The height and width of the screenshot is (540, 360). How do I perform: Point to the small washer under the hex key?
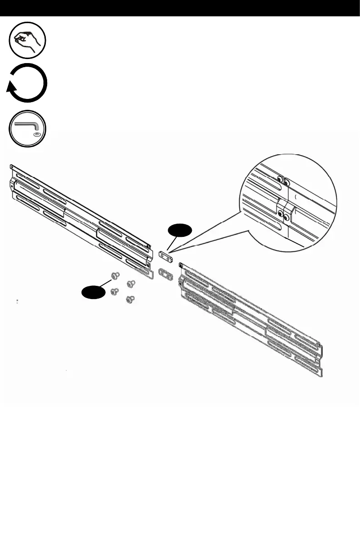[x=36, y=135]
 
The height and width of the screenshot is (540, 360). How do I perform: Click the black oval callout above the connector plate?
[x=178, y=231]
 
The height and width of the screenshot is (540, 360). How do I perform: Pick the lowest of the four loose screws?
[x=131, y=299]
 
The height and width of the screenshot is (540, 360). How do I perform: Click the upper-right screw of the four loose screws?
[x=131, y=283]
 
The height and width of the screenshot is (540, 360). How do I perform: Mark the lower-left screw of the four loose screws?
[x=115, y=291]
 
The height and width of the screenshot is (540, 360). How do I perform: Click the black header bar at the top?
[x=180, y=8]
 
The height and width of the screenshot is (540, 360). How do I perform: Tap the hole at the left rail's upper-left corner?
[x=13, y=167]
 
